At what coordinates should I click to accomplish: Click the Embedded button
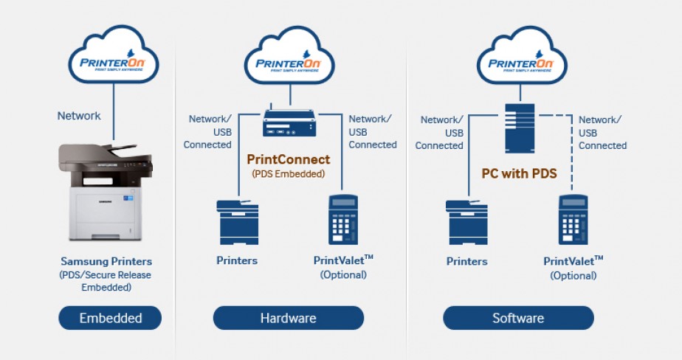click(110, 318)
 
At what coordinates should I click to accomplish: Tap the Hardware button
click(289, 318)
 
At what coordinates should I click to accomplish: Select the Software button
click(518, 318)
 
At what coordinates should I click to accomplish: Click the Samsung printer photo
click(106, 192)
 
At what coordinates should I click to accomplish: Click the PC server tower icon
click(520, 128)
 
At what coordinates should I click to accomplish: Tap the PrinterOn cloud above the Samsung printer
click(114, 55)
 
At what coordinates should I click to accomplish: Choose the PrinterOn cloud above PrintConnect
click(289, 55)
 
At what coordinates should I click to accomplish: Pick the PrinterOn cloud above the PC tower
click(522, 55)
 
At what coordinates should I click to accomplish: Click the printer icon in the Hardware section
click(238, 222)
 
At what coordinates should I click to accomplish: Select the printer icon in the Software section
click(466, 222)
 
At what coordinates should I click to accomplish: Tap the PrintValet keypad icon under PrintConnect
click(343, 220)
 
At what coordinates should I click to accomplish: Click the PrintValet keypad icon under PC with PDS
click(573, 220)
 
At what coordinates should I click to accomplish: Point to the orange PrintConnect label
click(289, 159)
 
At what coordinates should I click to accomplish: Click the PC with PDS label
click(520, 173)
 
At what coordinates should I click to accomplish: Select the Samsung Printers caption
click(106, 261)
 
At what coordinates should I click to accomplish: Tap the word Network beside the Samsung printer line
click(79, 116)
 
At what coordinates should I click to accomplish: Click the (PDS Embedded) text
click(289, 174)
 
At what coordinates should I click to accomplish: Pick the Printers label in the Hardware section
click(237, 260)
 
